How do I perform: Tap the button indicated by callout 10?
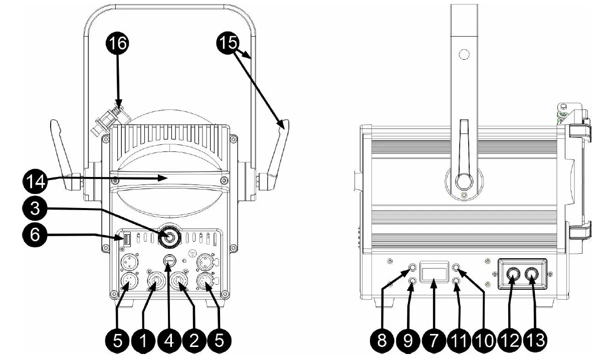point(456,268)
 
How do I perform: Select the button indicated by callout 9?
point(411,282)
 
